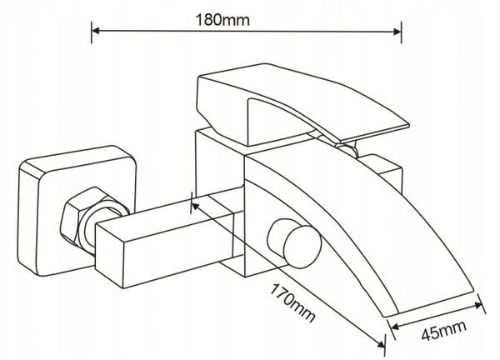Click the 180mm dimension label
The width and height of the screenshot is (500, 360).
pos(222,20)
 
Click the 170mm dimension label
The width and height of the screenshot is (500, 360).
pos(292,302)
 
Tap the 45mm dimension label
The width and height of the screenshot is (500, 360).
pos(443,330)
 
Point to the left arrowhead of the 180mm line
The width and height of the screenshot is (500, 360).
pos(96,31)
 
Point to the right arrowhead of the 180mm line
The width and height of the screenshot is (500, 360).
pos(397,32)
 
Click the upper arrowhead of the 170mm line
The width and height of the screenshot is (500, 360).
pos(195,206)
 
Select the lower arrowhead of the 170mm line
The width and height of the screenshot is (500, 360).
pos(381,343)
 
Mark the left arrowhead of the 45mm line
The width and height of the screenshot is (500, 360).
pos(394,327)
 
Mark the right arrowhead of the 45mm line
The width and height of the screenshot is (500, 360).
pos(478,305)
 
